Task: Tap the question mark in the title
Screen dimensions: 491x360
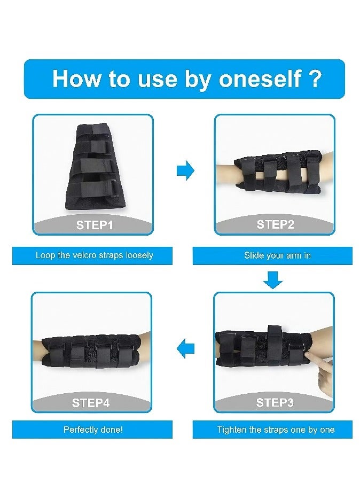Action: click(315, 79)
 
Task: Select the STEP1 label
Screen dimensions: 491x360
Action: click(95, 225)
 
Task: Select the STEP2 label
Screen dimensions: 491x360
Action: click(275, 224)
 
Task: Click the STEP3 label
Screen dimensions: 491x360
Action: click(275, 402)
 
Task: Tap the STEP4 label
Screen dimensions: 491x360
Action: click(91, 403)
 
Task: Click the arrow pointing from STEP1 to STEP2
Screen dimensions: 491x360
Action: click(185, 171)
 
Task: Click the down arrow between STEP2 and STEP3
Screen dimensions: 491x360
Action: click(273, 279)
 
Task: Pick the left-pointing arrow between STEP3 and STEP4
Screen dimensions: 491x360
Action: click(185, 349)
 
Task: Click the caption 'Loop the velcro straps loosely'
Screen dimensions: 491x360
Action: click(94, 255)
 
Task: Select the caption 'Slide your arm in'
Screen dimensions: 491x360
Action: click(277, 255)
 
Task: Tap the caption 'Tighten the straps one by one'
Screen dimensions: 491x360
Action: click(276, 430)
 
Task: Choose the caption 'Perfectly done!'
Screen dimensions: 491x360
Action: click(93, 430)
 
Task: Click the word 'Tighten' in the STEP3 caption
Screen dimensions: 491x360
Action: click(232, 430)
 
